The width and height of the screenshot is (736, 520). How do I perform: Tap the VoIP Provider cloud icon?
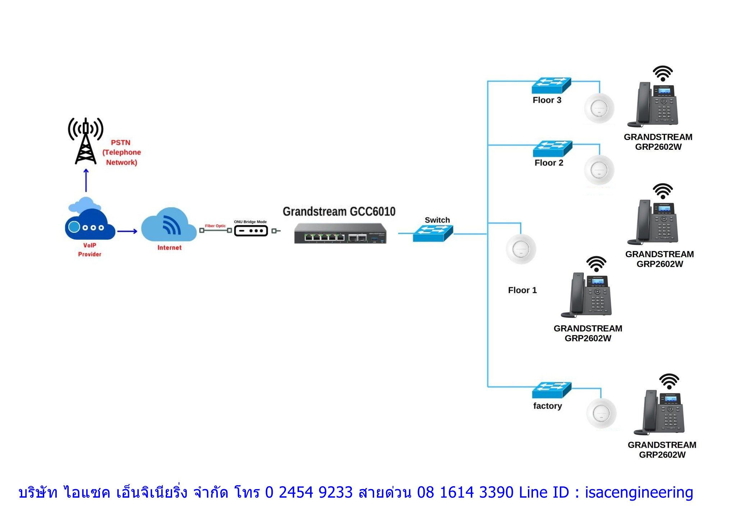click(89, 223)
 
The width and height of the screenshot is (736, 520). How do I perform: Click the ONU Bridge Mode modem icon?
click(251, 231)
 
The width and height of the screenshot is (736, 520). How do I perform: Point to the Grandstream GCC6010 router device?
click(340, 233)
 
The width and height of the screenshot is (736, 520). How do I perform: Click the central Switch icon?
click(433, 233)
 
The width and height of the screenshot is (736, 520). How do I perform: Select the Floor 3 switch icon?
click(551, 85)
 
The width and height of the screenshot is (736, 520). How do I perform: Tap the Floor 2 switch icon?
click(552, 148)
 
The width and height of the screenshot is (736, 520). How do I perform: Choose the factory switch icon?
click(552, 390)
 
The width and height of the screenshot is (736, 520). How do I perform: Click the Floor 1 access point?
click(521, 249)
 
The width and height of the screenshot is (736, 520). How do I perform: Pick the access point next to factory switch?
click(601, 413)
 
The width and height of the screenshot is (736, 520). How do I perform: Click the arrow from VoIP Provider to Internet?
click(127, 231)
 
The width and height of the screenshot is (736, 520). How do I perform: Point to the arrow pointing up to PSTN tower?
click(86, 180)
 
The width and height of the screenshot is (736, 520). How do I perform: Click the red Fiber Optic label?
click(215, 226)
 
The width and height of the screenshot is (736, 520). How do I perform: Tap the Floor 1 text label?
click(522, 290)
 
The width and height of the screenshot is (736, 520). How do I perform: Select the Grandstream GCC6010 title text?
click(339, 212)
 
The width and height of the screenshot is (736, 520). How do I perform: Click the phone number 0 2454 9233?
click(309, 492)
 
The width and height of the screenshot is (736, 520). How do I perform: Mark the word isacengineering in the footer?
click(639, 492)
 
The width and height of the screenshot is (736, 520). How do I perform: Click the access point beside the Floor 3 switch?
click(599, 108)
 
